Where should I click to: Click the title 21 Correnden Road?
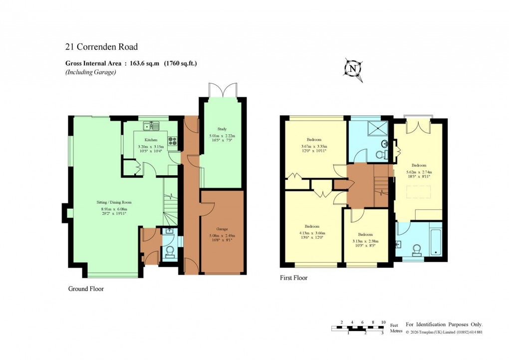(101, 47)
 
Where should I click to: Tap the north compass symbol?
(353, 69)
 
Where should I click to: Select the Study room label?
(222, 129)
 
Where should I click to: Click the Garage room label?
(222, 229)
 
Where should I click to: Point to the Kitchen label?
(151, 140)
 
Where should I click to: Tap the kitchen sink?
(151, 125)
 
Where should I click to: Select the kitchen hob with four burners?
(173, 141)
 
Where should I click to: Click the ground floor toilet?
(169, 251)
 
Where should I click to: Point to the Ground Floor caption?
(86, 289)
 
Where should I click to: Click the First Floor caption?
(293, 278)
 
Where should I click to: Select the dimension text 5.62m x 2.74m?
(419, 171)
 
